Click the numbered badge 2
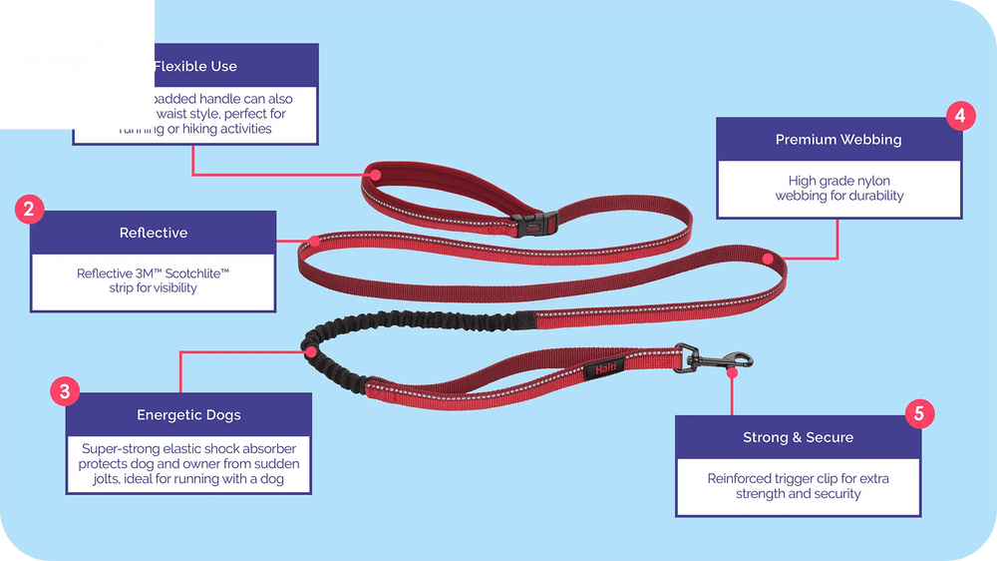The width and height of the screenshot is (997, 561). (30, 210)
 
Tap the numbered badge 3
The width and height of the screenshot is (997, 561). (65, 392)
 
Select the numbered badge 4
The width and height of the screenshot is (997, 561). (959, 116)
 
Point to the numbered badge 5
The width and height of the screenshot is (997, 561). (919, 414)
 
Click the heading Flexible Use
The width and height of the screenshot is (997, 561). (195, 66)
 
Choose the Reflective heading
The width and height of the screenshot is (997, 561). (153, 233)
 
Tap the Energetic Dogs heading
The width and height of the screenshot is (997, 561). (188, 414)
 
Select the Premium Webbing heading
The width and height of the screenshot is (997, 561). (837, 140)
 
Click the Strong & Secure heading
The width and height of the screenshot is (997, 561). (798, 437)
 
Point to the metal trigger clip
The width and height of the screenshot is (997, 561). (716, 360)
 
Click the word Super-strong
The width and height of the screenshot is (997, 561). (122, 449)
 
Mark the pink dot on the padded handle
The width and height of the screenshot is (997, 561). (376, 174)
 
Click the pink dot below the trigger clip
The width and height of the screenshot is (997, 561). (733, 371)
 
